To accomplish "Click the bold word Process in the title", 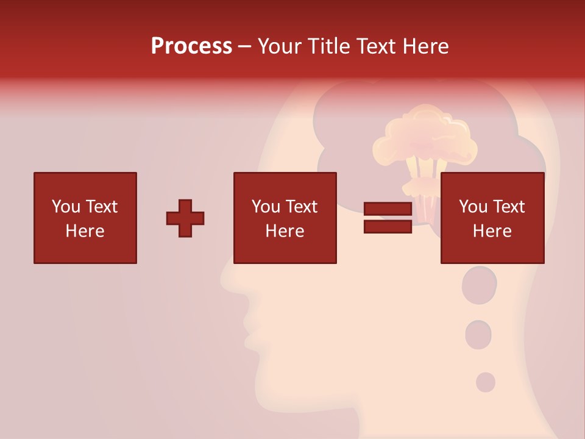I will pos(191,46).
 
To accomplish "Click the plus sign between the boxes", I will pos(185,218).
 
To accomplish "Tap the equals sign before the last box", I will pos(388,218).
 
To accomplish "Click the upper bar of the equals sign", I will pos(388,209).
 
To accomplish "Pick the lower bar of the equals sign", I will pos(388,226).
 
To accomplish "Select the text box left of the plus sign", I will pos(85,218).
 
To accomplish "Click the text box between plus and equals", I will pos(285,218).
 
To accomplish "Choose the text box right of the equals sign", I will pos(492,218).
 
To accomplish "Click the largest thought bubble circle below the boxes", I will pos(480,285).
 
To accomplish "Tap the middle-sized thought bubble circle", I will pos(478,335).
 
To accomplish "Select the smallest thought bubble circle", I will pos(486,382).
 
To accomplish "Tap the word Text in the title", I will pos(378,46).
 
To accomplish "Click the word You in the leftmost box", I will pos(66,207).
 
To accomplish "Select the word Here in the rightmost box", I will pos(492,231).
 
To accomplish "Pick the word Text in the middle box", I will pos(302,207).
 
